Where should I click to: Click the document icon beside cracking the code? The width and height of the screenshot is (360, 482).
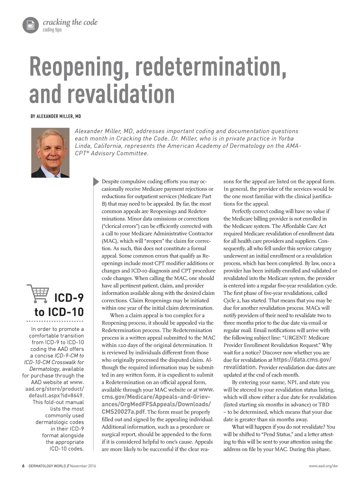31,25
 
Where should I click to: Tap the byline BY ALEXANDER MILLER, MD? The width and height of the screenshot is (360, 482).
56,116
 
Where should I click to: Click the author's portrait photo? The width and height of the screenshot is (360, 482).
50,152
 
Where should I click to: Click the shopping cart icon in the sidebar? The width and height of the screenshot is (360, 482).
38,294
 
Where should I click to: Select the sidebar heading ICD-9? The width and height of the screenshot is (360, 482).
69,298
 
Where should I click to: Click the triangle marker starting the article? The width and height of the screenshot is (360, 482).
96,182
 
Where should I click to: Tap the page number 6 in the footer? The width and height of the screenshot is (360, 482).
23,466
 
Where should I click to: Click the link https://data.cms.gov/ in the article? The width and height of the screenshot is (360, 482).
302,360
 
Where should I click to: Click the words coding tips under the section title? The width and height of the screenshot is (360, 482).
52,30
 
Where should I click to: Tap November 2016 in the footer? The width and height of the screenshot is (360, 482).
83,466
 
